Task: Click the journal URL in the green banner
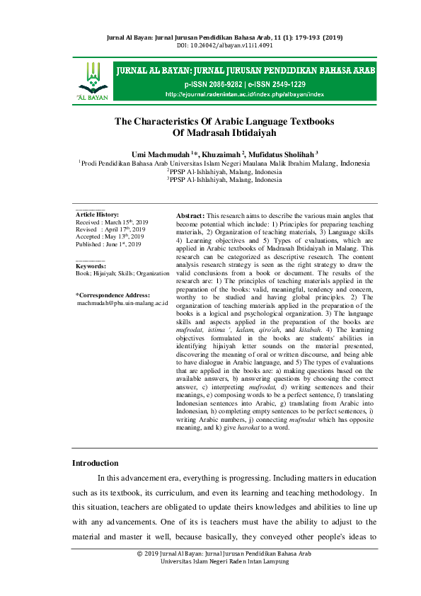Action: pos(244,93)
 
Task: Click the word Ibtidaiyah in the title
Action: pos(249,132)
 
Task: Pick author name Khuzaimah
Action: pos(221,154)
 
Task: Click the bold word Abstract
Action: pos(189,214)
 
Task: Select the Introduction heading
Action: pos(96,463)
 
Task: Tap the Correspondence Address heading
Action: pos(113,294)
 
